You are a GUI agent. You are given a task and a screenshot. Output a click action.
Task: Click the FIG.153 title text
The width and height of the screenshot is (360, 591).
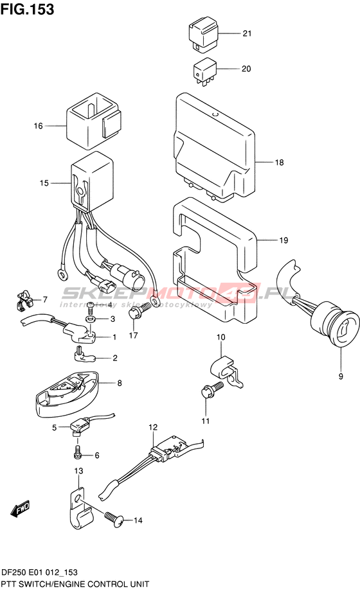coord(27,9)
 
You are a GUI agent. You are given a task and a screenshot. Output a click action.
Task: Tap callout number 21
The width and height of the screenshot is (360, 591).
coord(247,33)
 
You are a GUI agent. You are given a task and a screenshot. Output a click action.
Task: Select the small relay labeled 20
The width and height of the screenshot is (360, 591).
coord(204,71)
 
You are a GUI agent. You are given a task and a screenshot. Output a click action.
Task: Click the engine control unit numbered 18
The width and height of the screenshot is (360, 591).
coord(214,147)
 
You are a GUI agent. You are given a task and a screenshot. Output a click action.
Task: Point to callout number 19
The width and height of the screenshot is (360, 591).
coord(283,240)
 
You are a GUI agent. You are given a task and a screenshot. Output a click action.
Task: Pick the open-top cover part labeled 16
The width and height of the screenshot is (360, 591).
coord(94,120)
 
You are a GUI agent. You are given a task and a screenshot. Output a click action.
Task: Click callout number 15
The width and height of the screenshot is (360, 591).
coord(44,183)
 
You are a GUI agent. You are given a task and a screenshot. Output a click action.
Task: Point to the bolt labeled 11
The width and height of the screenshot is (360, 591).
coord(212,390)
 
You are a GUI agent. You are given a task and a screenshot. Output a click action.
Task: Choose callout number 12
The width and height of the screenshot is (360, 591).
coord(153,427)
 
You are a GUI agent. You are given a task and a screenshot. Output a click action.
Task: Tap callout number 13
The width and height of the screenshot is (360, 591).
coord(78,471)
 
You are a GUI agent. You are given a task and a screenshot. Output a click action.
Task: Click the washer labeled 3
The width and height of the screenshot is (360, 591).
coord(91,319)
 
